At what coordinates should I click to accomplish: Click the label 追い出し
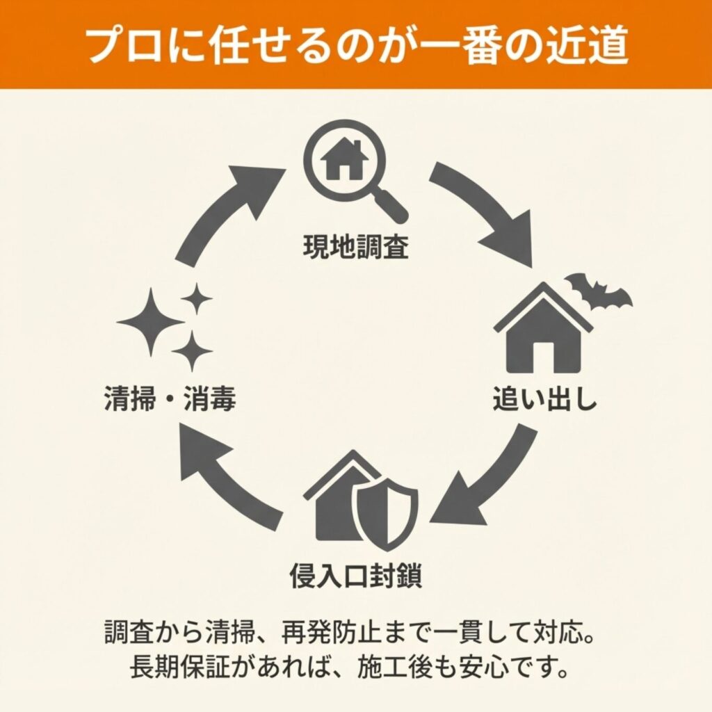pyautogui.click(x=544, y=400)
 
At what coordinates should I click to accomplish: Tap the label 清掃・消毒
pyautogui.click(x=170, y=400)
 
